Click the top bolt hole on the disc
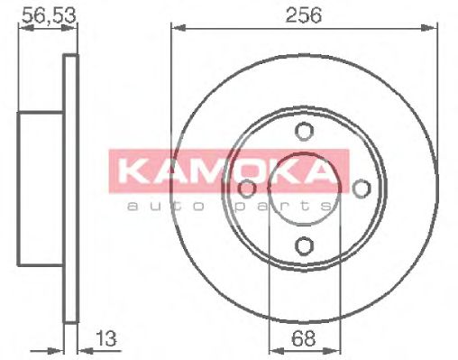[304, 132]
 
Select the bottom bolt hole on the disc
[304, 245]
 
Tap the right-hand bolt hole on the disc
[362, 188]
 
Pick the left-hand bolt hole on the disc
[246, 188]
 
